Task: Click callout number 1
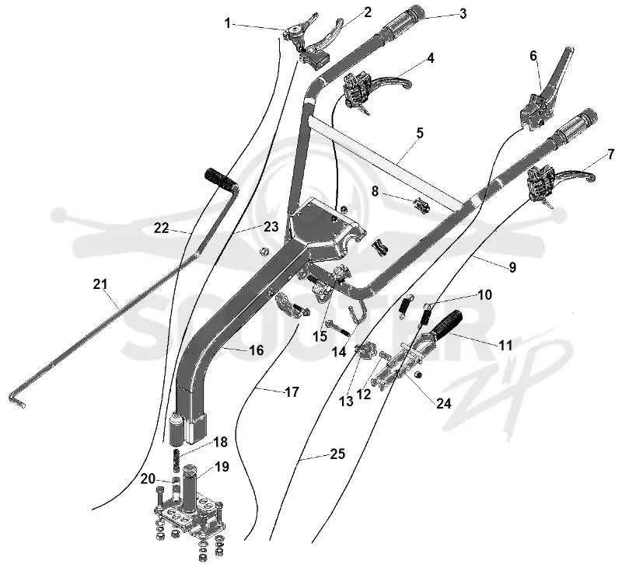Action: (x=227, y=24)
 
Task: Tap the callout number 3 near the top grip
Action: (x=463, y=14)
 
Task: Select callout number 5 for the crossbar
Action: (x=420, y=133)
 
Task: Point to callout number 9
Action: (x=512, y=267)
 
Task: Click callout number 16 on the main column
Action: (x=257, y=350)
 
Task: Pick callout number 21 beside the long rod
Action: (x=100, y=284)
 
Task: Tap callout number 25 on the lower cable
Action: (x=337, y=454)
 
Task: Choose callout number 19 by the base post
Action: (x=222, y=467)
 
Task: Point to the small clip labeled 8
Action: (x=423, y=206)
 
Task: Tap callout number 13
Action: (x=346, y=402)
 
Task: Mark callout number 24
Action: (x=444, y=403)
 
